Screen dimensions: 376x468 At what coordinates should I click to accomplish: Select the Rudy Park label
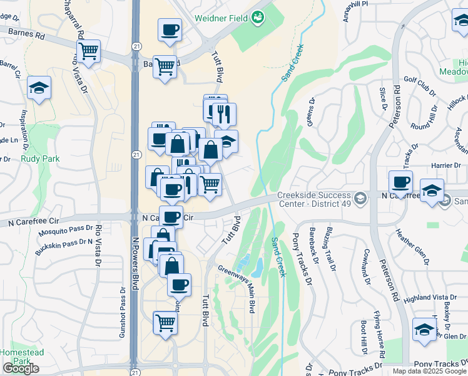coord(40,159)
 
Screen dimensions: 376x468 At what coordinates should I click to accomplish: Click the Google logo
coord(20,368)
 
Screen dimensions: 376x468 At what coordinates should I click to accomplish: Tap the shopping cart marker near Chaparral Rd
coord(89,51)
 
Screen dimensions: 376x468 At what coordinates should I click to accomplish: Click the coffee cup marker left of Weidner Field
coord(170,30)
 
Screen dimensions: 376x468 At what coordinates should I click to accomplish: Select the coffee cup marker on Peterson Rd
coord(400,182)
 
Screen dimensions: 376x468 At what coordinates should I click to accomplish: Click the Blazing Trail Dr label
coord(331,249)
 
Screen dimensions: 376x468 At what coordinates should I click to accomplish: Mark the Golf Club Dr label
coord(420,85)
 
